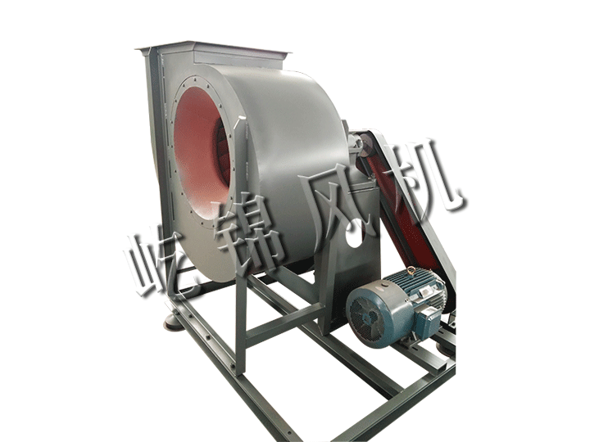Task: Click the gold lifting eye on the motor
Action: (411, 270)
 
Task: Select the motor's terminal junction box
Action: (429, 317)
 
